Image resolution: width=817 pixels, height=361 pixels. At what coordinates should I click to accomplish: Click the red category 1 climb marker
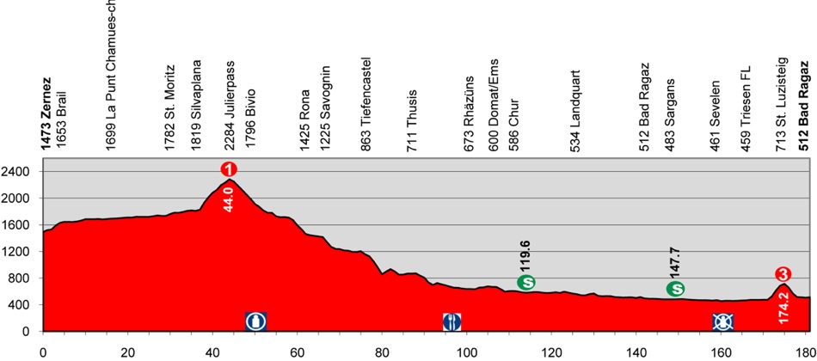tap(229, 169)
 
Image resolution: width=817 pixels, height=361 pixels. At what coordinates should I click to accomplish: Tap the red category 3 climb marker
tap(783, 274)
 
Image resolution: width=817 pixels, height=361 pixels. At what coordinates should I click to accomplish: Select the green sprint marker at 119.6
tap(526, 282)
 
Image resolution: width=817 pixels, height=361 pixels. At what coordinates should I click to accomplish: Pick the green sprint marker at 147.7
tap(675, 289)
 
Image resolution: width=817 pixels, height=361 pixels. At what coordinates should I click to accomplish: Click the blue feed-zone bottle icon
tap(255, 321)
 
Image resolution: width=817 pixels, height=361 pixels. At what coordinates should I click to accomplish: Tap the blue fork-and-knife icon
tap(452, 321)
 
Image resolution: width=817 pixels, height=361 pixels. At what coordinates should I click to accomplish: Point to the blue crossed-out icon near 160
tap(722, 321)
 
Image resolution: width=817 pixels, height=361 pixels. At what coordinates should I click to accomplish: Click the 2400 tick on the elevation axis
tap(19, 171)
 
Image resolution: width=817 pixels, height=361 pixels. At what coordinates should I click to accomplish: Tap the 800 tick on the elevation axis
tap(22, 278)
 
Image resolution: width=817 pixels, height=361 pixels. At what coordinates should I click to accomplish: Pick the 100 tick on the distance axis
tap(467, 351)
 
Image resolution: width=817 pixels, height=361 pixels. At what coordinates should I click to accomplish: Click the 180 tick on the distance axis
tap(806, 351)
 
